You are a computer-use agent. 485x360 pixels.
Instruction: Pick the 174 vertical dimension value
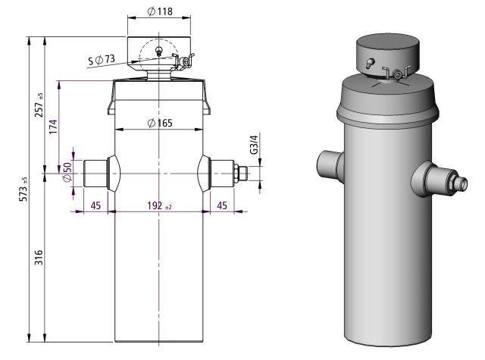click(x=53, y=126)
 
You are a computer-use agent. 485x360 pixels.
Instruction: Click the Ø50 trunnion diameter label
click(x=67, y=172)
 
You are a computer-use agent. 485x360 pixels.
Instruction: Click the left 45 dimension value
click(x=95, y=205)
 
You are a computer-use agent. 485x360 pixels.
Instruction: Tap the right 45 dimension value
click(x=221, y=205)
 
